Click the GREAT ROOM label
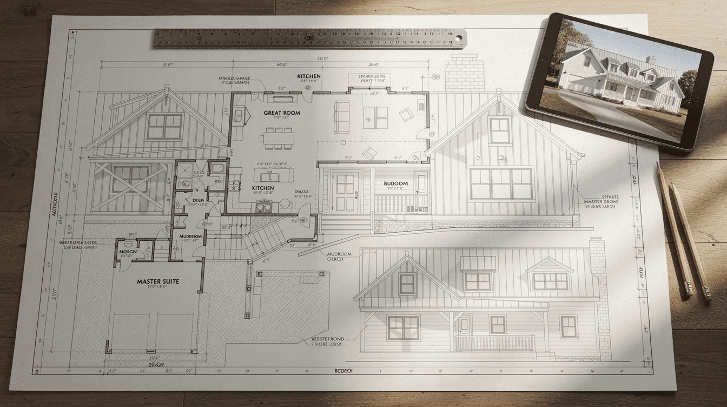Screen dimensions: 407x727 281,113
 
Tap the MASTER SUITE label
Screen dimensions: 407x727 158,281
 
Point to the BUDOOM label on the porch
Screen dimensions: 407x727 395,183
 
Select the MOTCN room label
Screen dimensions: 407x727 127,252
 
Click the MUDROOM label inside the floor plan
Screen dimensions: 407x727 190,237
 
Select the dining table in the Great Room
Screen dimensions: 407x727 276,138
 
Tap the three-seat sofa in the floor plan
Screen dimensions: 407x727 342,116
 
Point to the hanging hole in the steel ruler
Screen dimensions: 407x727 459,38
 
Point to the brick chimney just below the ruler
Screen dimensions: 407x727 464,73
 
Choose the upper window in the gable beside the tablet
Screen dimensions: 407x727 499,130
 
